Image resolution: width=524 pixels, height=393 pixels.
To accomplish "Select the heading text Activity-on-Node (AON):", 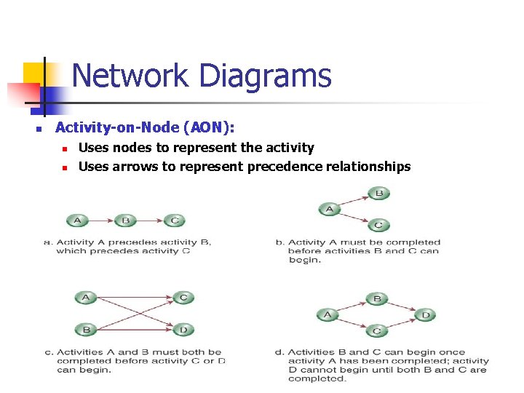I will [145, 127].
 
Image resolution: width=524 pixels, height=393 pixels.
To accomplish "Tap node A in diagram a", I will [78, 221].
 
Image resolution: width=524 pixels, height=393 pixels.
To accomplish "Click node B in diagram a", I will [125, 221].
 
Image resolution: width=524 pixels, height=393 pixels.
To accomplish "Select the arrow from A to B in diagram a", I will [101, 221].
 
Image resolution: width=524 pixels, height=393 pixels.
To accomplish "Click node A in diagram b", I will [330, 210].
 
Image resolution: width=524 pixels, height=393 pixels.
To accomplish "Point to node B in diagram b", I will [378, 194].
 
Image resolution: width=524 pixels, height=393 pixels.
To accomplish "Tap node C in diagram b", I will [378, 225].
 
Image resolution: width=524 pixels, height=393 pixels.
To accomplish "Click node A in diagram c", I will [86, 297].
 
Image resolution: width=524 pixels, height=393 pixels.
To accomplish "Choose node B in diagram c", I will [86, 329].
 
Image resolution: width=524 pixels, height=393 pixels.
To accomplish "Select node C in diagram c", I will [183, 297].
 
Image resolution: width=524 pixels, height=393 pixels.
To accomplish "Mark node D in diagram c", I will [183, 329].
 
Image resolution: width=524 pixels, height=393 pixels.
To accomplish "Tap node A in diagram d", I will [327, 315].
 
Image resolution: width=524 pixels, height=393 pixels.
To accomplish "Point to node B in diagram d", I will [376, 298].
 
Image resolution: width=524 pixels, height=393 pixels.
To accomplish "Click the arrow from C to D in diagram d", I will [401, 323].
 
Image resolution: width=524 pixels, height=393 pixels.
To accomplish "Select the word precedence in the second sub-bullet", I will [282, 167].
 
